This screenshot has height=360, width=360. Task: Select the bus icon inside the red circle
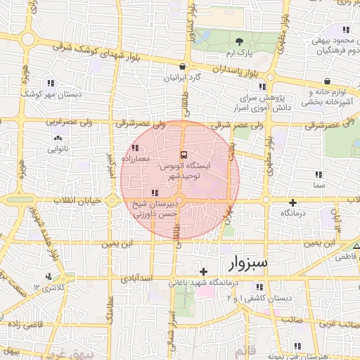(x=184, y=154)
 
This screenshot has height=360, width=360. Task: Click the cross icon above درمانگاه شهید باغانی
(x=204, y=271)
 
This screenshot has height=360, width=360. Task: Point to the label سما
(x=320, y=185)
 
